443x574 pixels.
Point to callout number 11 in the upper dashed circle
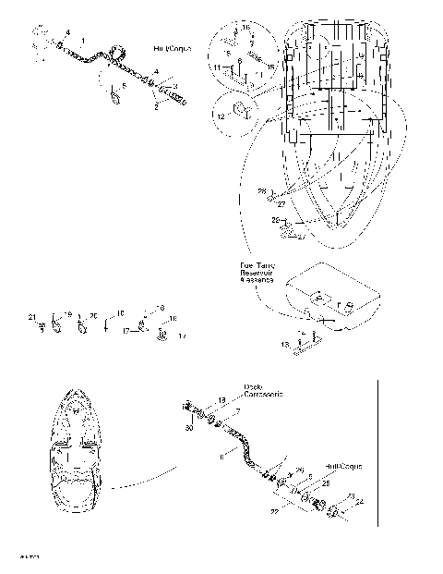point(216,68)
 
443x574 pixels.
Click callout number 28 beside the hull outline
point(261,191)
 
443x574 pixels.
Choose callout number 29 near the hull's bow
point(275,221)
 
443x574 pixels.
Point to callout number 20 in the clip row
point(92,316)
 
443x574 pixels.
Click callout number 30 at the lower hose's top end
point(189,428)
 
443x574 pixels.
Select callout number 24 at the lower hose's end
point(360,502)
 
